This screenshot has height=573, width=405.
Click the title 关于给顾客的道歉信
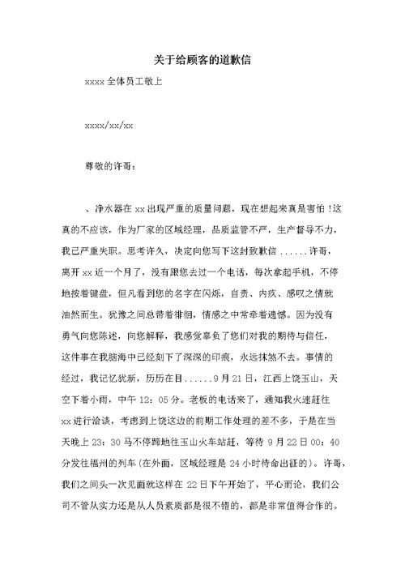click(202, 60)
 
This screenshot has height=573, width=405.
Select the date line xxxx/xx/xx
click(109, 126)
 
